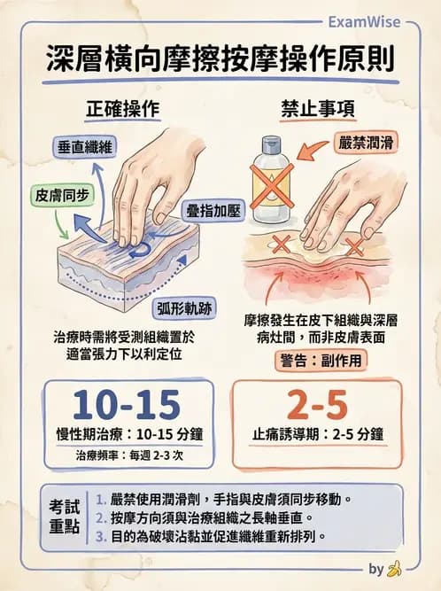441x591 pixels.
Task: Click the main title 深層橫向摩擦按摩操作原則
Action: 221,60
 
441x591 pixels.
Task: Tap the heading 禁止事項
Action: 319,110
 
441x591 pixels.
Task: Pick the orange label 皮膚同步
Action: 56,195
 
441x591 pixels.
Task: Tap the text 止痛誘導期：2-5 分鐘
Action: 318,434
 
